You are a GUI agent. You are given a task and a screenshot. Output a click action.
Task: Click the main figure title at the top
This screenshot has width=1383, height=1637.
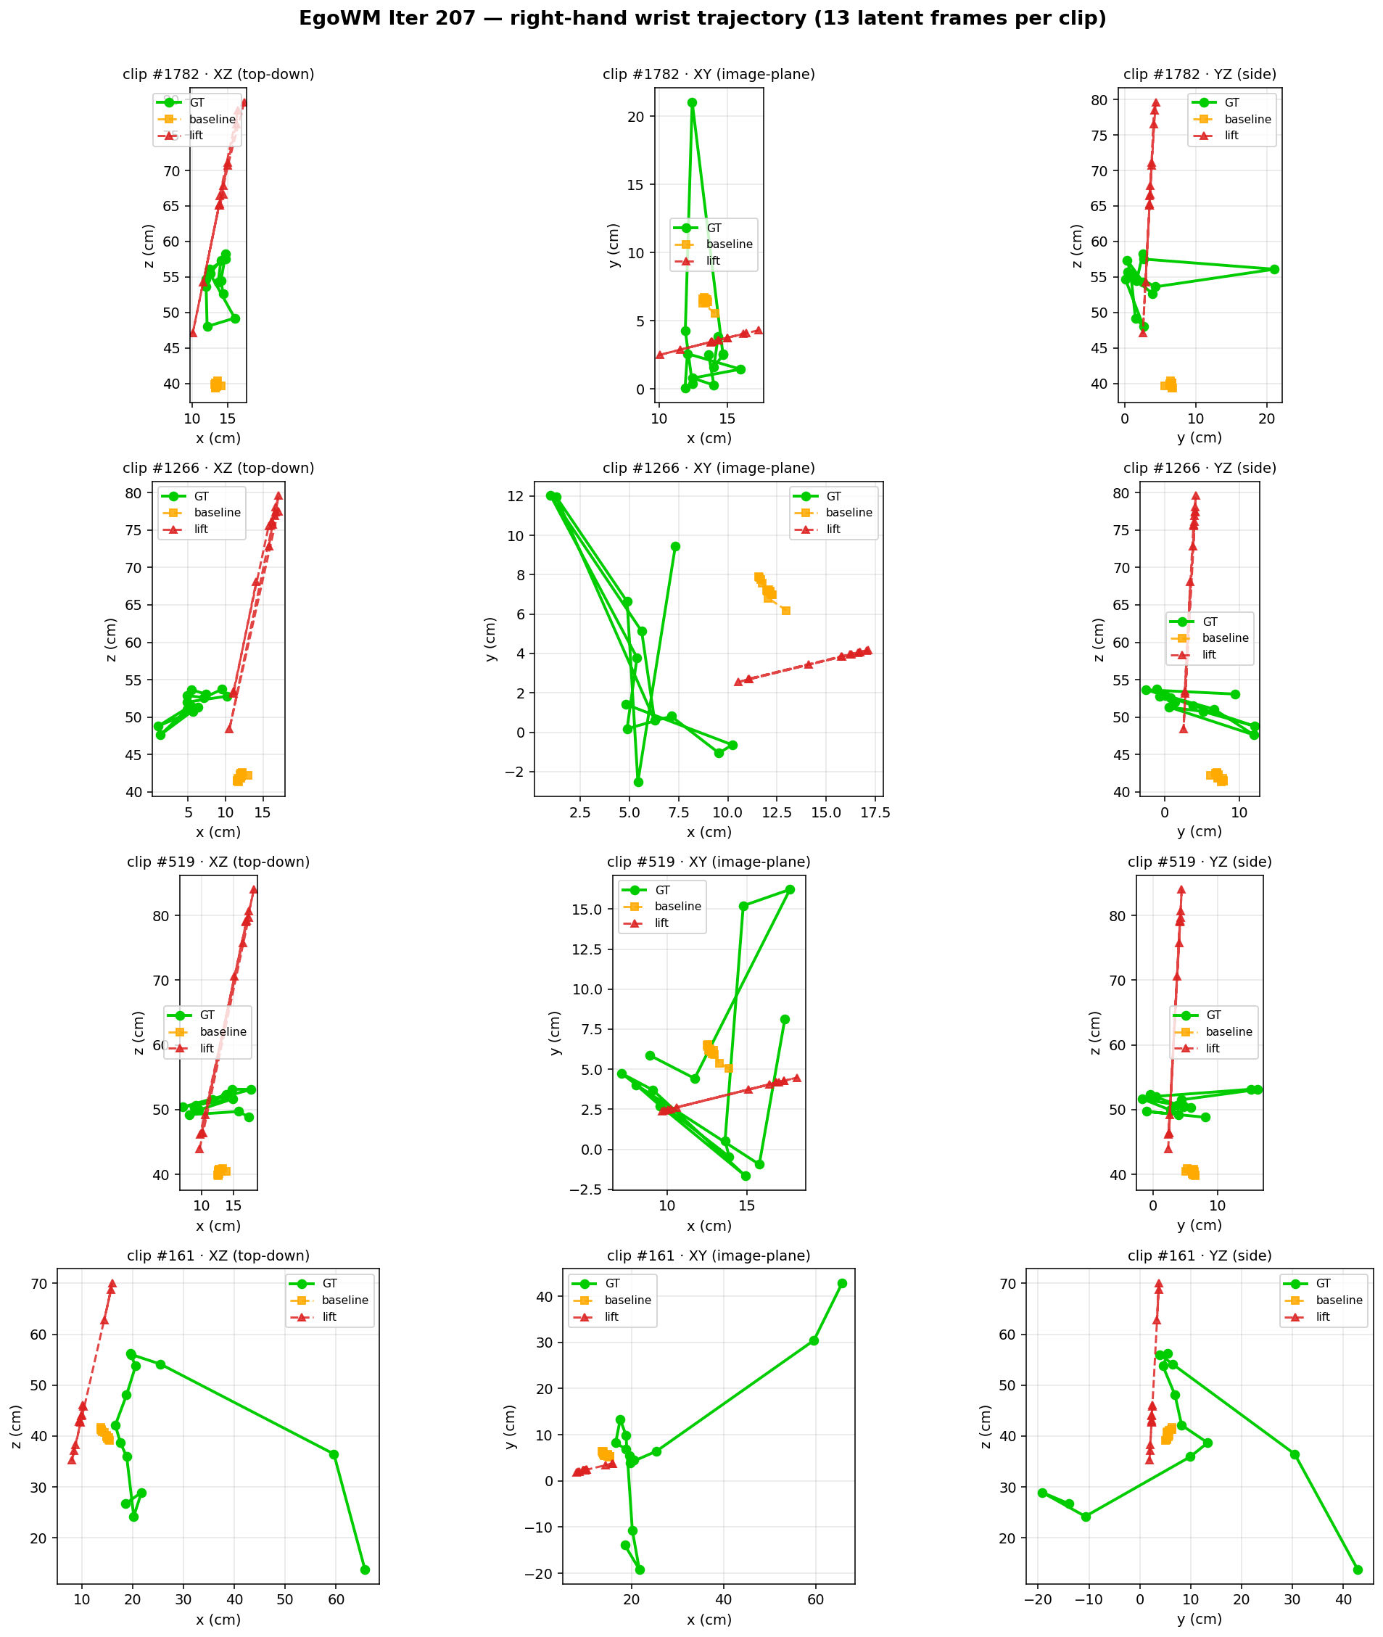point(703,19)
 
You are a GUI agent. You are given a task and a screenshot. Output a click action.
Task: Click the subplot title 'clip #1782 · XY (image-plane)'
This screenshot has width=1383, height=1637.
point(709,75)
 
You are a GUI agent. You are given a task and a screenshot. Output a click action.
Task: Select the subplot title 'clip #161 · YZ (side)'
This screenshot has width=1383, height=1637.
point(1200,1255)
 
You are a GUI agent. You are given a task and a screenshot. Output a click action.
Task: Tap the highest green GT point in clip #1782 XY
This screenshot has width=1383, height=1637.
point(693,103)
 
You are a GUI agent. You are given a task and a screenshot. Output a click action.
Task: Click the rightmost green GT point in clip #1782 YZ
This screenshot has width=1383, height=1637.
point(1274,270)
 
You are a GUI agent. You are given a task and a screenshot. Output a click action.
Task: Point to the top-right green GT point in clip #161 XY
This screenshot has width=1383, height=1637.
point(842,1283)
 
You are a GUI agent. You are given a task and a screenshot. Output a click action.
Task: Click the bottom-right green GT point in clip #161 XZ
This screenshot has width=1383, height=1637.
point(365,1570)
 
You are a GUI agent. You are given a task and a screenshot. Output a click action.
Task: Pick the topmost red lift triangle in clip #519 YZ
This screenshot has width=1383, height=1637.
point(1181,890)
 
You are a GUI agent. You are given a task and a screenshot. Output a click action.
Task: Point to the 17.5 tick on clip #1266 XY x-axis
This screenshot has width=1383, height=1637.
point(875,813)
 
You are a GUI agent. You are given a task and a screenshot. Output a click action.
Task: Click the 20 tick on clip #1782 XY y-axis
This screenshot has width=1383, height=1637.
point(636,117)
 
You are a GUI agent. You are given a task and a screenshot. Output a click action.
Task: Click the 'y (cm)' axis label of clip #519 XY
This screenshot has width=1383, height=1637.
point(555,1033)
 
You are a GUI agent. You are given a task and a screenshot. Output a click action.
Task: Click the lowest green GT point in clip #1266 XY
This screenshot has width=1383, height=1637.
point(638,783)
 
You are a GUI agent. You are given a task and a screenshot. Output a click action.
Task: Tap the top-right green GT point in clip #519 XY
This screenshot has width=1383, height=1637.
point(790,890)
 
